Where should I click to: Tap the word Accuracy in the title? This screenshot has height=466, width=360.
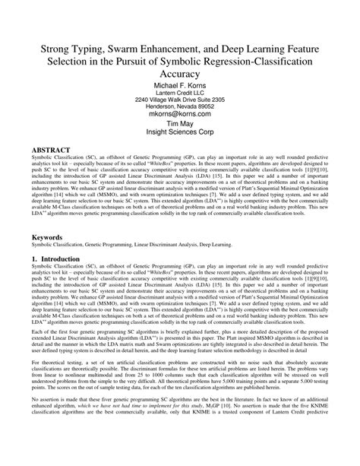(179, 74)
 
